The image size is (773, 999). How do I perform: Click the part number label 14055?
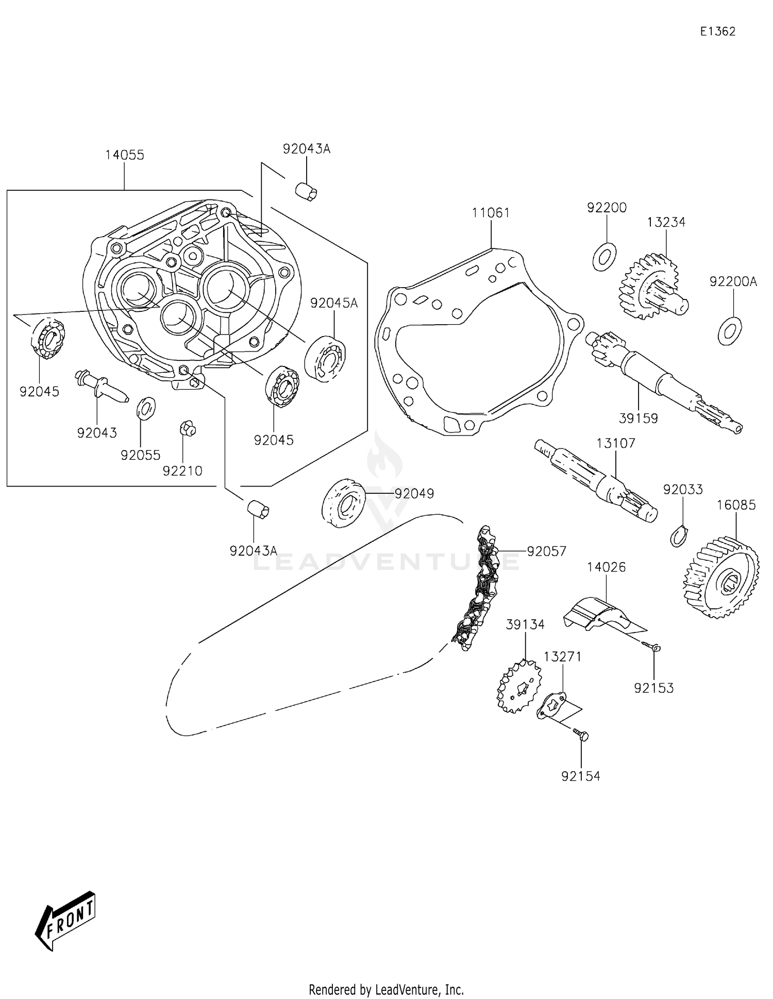(125, 155)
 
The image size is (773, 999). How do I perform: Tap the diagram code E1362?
(717, 31)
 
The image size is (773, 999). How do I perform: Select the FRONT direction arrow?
(65, 928)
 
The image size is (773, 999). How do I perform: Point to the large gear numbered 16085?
(721, 577)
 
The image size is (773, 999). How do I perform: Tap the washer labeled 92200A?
(730, 331)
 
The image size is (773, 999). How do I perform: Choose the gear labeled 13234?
(652, 286)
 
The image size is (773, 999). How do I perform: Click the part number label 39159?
(638, 419)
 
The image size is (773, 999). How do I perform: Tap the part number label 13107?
(616, 443)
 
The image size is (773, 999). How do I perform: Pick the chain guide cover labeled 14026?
(598, 613)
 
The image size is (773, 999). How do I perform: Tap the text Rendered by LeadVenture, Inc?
(386, 989)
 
